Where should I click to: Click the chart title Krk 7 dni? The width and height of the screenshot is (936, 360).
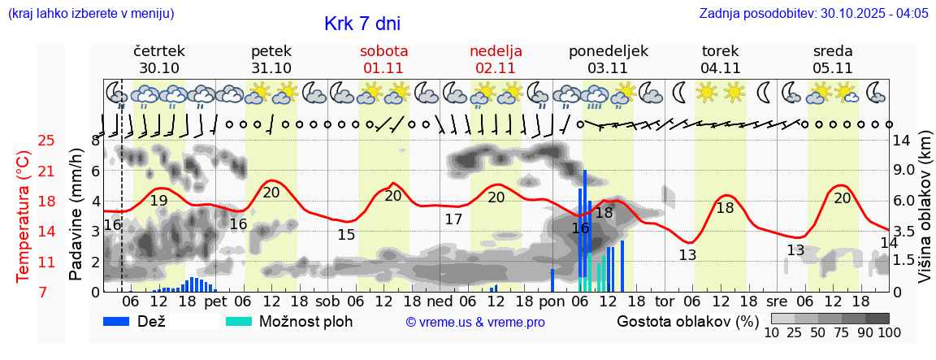(x=362, y=24)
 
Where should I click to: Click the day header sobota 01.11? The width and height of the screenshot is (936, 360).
(x=383, y=59)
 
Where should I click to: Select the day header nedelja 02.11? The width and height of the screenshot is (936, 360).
(x=496, y=59)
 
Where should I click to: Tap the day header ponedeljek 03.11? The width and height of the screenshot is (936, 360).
(x=608, y=59)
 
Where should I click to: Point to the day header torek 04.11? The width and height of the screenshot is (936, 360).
(x=721, y=59)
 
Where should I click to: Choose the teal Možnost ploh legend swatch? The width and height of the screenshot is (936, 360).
(x=238, y=321)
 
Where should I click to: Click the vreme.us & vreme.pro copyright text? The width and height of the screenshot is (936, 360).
(x=475, y=322)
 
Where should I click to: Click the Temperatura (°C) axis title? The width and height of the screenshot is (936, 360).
(x=24, y=216)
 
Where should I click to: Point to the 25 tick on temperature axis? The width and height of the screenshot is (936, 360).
(x=46, y=141)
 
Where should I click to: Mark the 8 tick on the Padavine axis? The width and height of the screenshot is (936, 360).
(x=95, y=141)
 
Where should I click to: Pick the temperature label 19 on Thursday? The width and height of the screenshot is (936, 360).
(x=158, y=201)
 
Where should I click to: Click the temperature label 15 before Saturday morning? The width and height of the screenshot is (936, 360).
(x=346, y=235)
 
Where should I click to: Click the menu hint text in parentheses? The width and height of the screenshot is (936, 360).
(x=90, y=14)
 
